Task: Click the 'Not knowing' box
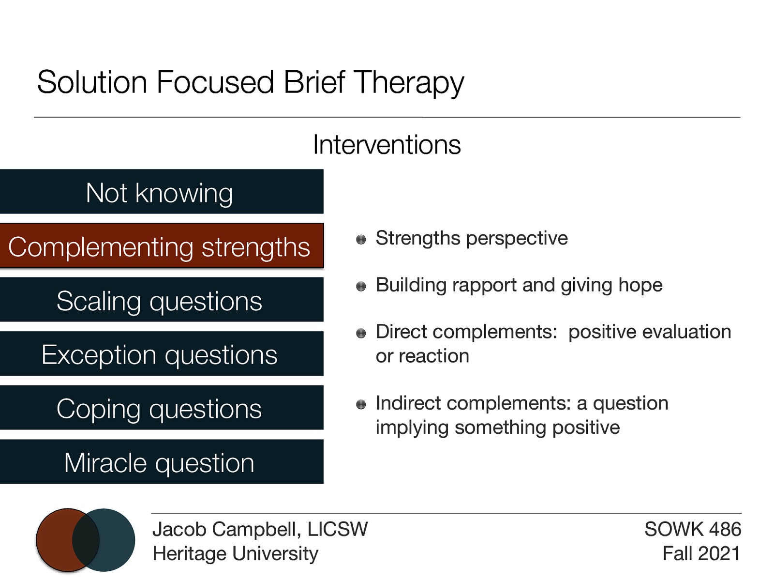(160, 192)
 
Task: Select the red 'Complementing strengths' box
(160, 246)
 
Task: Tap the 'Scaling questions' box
(160, 300)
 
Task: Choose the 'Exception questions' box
(160, 354)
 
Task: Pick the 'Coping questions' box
(160, 408)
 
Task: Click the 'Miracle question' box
(160, 462)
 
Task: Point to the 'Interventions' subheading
(387, 145)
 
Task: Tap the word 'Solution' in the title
(92, 82)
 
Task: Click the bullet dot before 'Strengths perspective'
(361, 240)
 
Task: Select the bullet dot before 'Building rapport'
(361, 287)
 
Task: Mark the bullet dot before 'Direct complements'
(361, 333)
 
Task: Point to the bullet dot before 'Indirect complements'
(361, 404)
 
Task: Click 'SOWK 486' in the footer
(692, 529)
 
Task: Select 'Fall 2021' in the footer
(701, 553)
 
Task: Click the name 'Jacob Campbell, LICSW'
(260, 529)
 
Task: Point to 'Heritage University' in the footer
(235, 553)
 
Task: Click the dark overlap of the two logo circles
(86, 540)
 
